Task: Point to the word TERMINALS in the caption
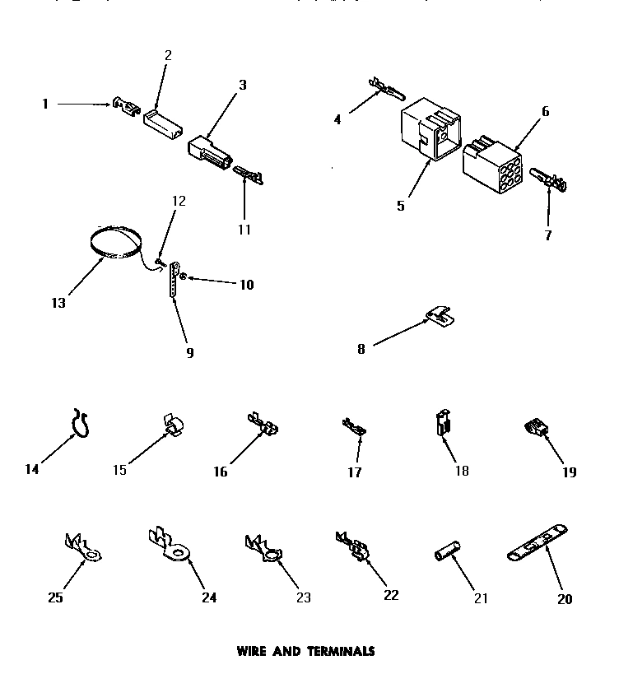[342, 650]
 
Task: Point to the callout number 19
[570, 472]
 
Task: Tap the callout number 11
[244, 229]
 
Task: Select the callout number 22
[390, 595]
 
